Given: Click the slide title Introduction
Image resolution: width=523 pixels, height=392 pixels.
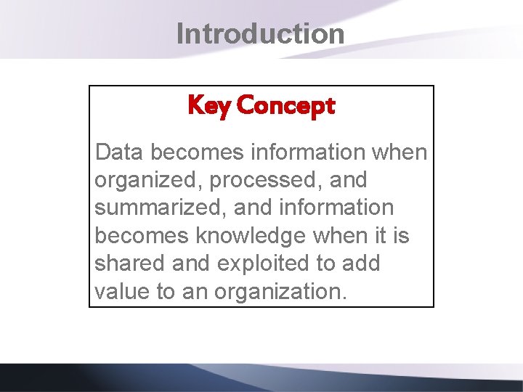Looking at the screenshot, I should (260, 34).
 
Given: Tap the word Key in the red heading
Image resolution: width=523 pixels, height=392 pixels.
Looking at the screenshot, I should (209, 106).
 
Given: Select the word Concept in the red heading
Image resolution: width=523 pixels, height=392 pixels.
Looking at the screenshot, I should (285, 106).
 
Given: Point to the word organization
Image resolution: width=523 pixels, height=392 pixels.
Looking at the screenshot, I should (280, 292).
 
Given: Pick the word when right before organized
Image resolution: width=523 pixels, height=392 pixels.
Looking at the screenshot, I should (402, 152).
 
